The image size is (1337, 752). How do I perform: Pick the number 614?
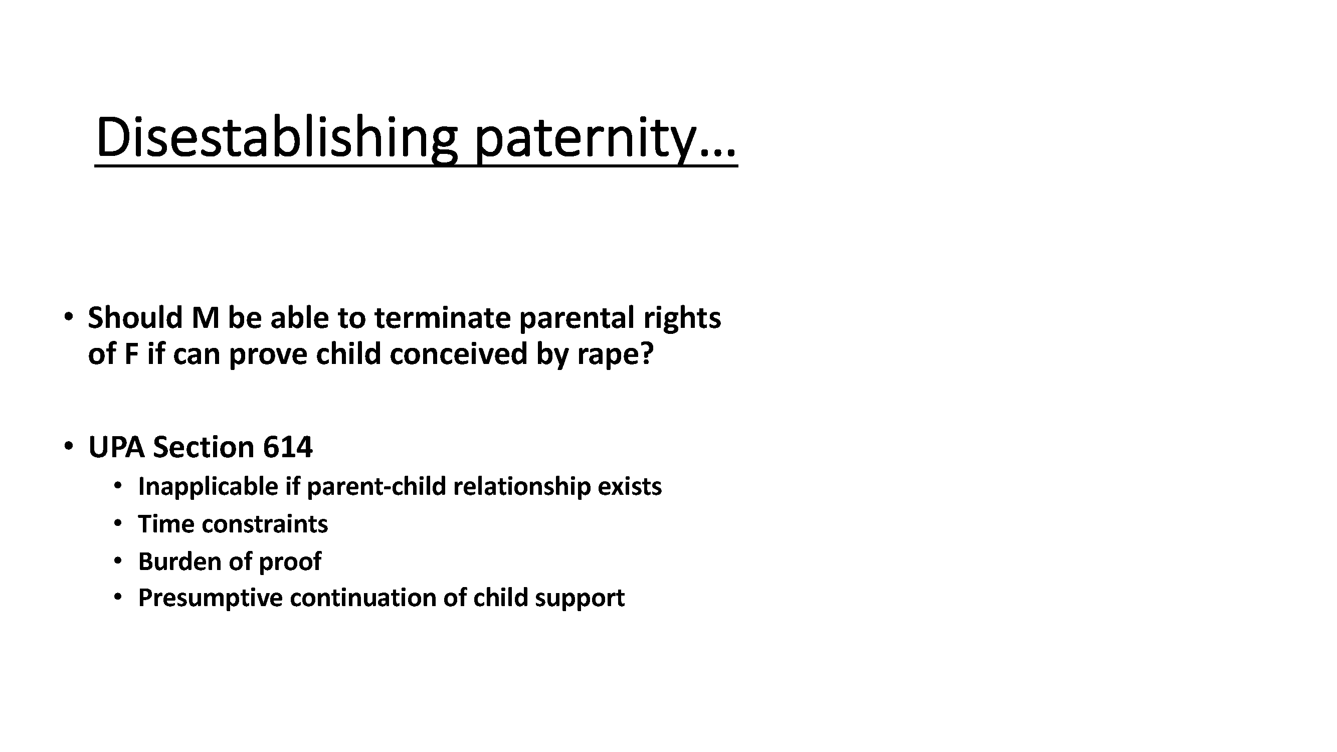[288, 447]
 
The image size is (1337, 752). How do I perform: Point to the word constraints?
[265, 524]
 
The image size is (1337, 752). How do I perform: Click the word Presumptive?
[210, 599]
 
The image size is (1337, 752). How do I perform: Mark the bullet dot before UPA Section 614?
[68, 446]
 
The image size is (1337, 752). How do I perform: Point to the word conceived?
[458, 354]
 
